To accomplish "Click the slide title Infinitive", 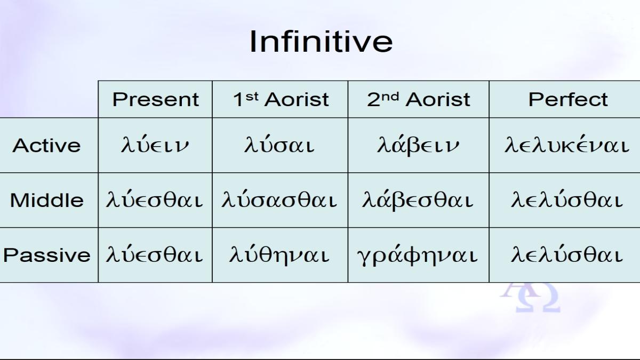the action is [x=321, y=42].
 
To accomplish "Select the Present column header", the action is [x=155, y=100].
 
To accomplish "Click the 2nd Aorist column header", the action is [x=419, y=99].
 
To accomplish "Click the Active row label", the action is [x=46, y=146].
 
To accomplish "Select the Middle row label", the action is [x=47, y=200].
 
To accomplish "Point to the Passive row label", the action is [x=47, y=255].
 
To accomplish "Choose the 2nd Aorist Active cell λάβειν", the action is [x=418, y=145].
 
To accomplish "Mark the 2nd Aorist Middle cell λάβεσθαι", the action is [x=418, y=199].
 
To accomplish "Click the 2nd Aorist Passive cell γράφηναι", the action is [x=418, y=255].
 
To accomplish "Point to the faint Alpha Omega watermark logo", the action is [x=530, y=297].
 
